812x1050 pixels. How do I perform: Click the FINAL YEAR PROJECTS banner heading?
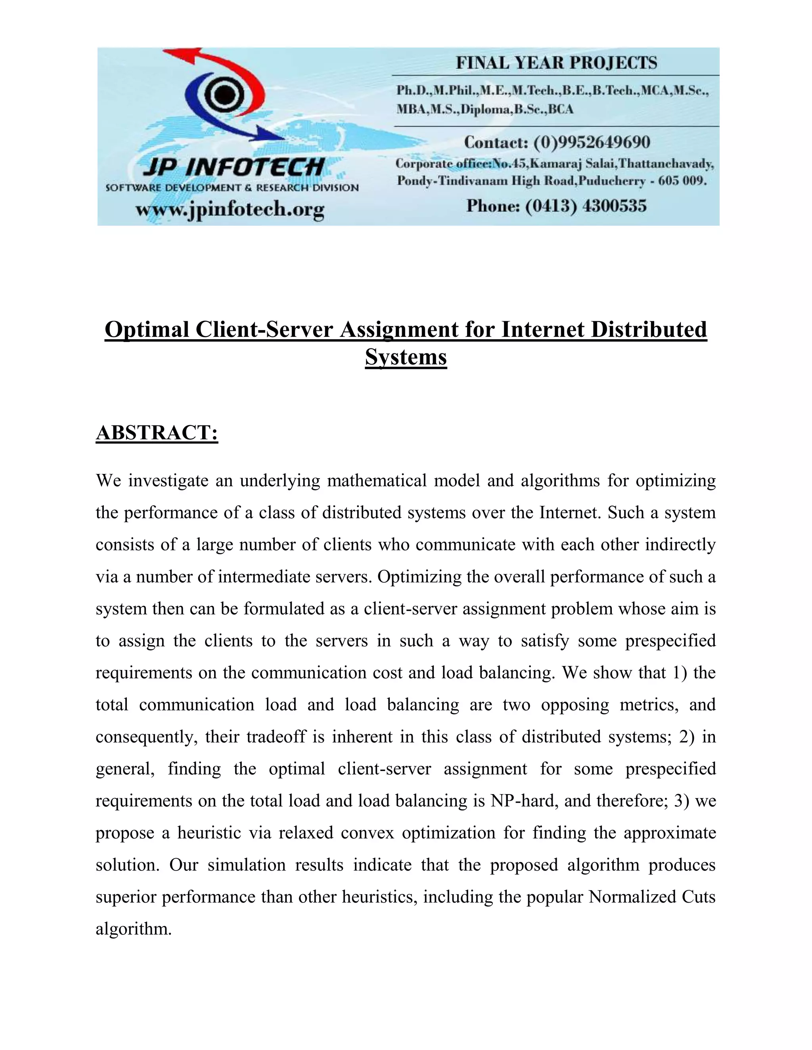click(556, 63)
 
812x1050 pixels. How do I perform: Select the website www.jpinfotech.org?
click(230, 209)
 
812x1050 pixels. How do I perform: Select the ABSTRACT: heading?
click(157, 432)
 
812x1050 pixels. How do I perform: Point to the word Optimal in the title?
click(147, 330)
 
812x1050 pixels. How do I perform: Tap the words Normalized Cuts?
click(652, 897)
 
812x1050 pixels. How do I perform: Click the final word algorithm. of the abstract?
click(133, 929)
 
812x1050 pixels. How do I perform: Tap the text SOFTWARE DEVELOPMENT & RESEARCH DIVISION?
click(232, 187)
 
